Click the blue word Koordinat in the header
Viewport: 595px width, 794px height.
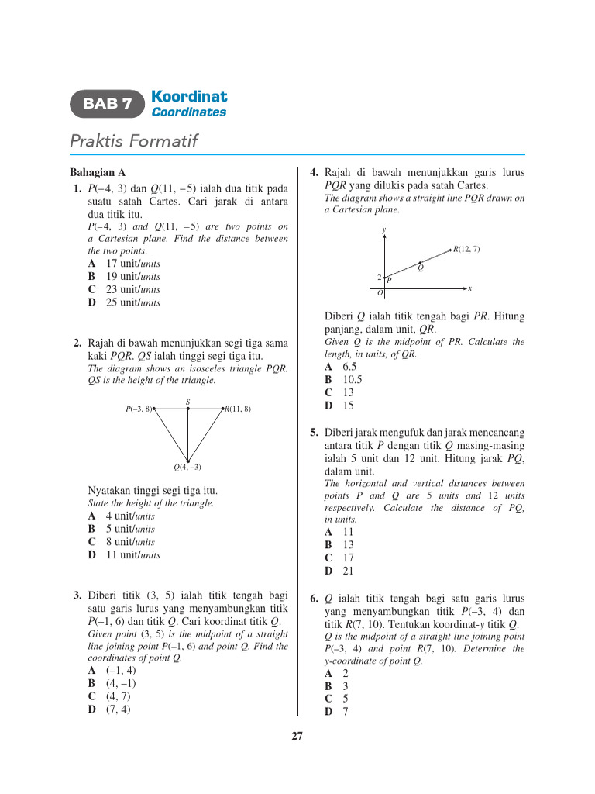(x=189, y=97)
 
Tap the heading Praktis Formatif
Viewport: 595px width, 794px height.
(x=134, y=141)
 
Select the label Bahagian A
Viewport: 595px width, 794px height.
(x=98, y=173)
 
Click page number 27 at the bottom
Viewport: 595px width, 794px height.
(x=297, y=736)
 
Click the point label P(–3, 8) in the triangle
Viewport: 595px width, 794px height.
(x=139, y=409)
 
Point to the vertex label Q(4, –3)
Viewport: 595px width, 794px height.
(x=187, y=467)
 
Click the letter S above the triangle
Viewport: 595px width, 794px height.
(x=187, y=401)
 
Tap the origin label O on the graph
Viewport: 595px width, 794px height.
(x=380, y=293)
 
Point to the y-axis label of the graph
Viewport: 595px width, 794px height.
(x=383, y=230)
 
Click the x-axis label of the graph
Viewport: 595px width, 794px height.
(x=469, y=288)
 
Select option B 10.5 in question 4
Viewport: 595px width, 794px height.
(x=343, y=380)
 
